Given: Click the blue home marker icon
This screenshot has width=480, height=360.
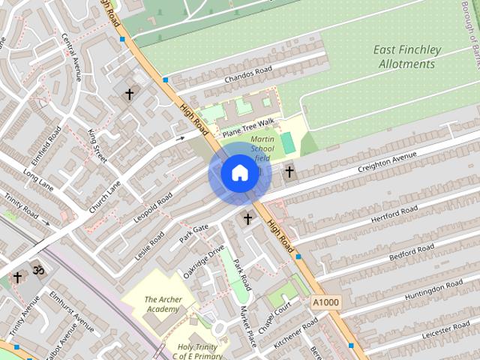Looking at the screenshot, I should (239, 173).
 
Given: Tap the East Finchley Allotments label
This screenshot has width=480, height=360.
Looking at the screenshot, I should (407, 57).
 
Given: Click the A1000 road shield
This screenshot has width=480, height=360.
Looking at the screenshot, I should (325, 301).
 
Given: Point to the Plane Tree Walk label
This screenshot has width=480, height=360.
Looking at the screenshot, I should (250, 127).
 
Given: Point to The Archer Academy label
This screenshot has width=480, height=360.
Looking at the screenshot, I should (163, 304).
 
